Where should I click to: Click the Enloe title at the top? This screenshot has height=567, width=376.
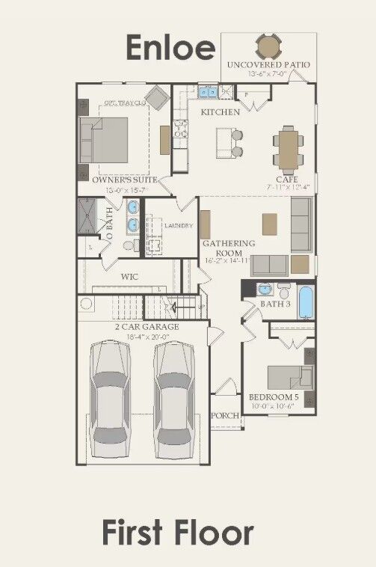coord(170,46)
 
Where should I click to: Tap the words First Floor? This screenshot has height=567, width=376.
coord(177,534)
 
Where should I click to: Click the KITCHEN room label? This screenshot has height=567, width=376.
coord(220,112)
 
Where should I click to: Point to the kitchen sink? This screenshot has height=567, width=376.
coord(205,92)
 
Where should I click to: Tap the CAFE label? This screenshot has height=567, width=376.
coord(287,180)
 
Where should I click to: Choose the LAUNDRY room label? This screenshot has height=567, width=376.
coord(179,225)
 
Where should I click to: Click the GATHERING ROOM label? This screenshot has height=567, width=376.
coord(229,248)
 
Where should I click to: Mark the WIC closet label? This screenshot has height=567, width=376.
coord(130,276)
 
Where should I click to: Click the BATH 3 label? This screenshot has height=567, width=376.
coord(275,304)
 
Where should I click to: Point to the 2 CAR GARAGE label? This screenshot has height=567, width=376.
coord(146,327)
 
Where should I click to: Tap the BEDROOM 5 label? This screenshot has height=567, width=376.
coord(278,398)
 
